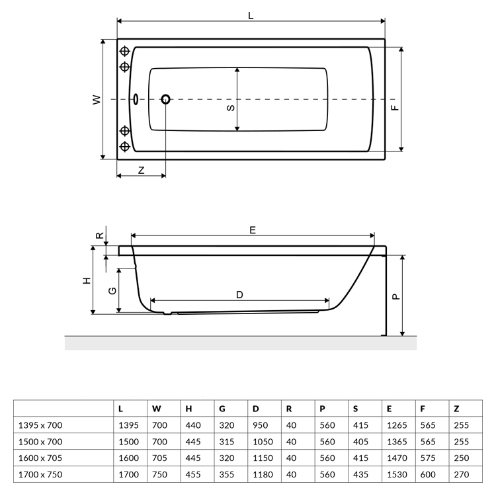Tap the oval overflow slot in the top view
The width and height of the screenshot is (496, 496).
(136, 99)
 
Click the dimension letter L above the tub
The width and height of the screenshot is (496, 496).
(251, 15)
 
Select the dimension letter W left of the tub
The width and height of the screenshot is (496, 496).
(97, 100)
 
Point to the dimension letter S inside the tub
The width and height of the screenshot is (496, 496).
(231, 108)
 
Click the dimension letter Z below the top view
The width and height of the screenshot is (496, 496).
(142, 170)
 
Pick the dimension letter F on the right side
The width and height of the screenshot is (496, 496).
(395, 108)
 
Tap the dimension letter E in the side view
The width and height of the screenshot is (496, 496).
(253, 230)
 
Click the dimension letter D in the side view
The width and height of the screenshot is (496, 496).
(239, 295)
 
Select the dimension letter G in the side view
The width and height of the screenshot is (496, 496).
(112, 291)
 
